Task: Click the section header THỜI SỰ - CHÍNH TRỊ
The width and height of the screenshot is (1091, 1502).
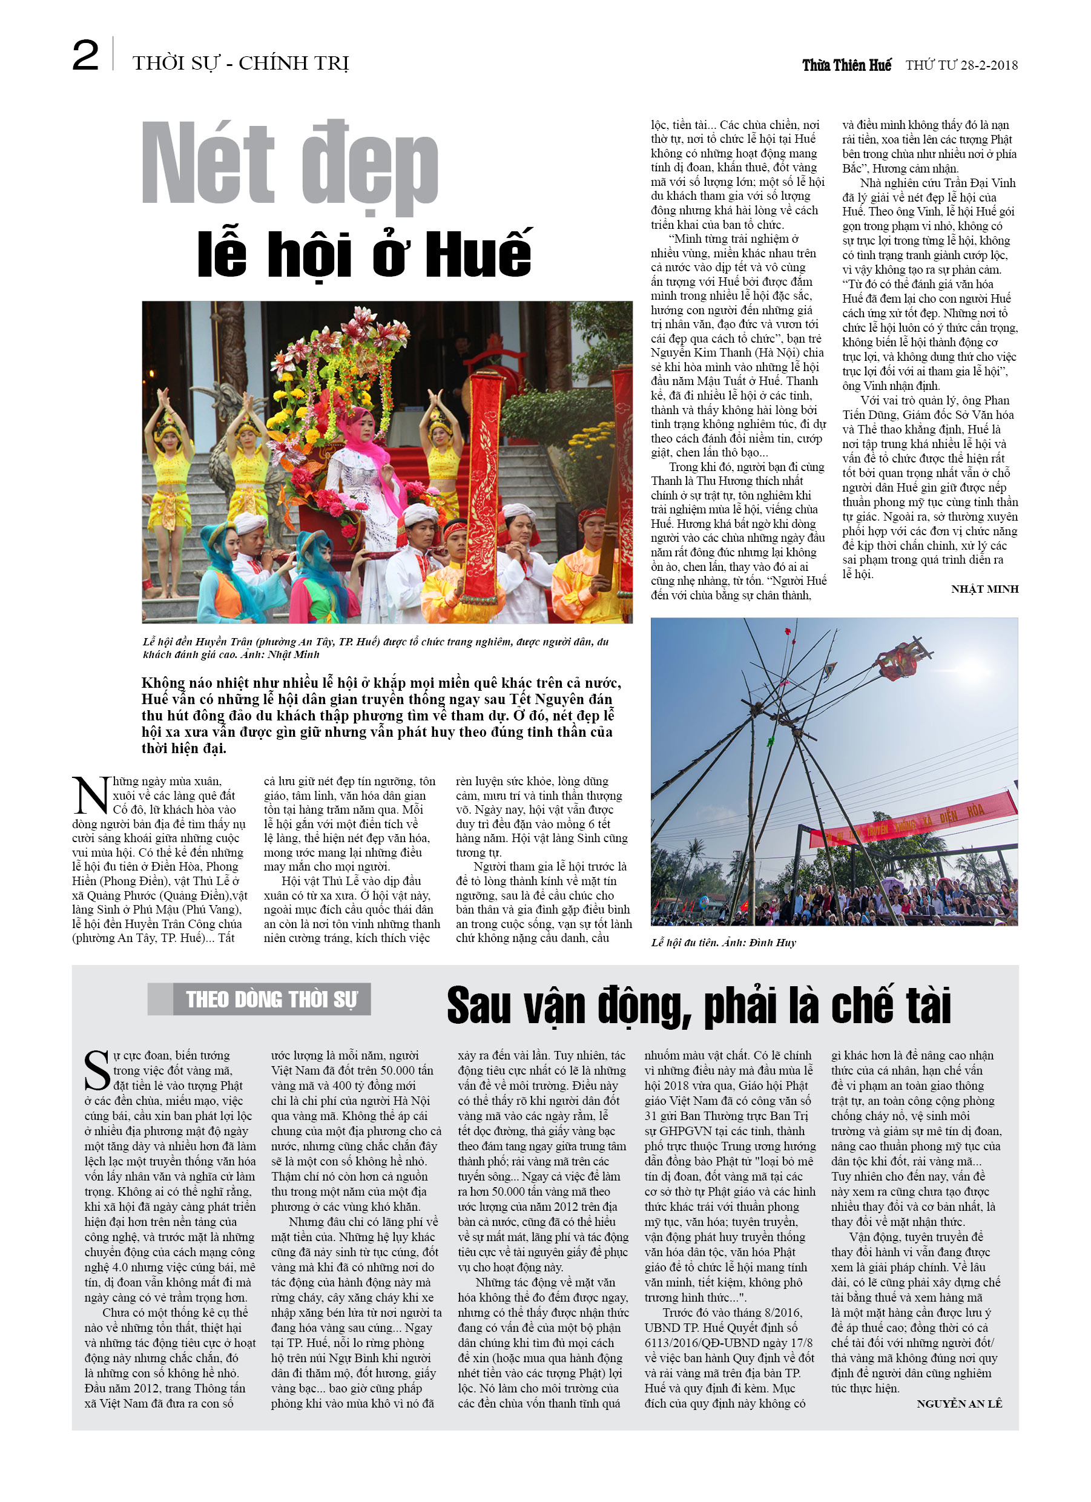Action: coord(240,63)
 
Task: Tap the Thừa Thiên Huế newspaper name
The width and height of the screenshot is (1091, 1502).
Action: coord(846,65)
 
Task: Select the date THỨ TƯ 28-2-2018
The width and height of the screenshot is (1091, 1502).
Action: coord(961,65)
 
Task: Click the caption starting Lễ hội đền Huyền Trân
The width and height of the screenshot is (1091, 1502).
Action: coord(375,648)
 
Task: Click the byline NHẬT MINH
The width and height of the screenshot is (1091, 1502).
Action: coord(984,588)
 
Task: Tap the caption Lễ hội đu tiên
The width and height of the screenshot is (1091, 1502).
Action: coord(723,943)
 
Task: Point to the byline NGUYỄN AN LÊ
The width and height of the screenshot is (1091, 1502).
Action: coord(959,1403)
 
